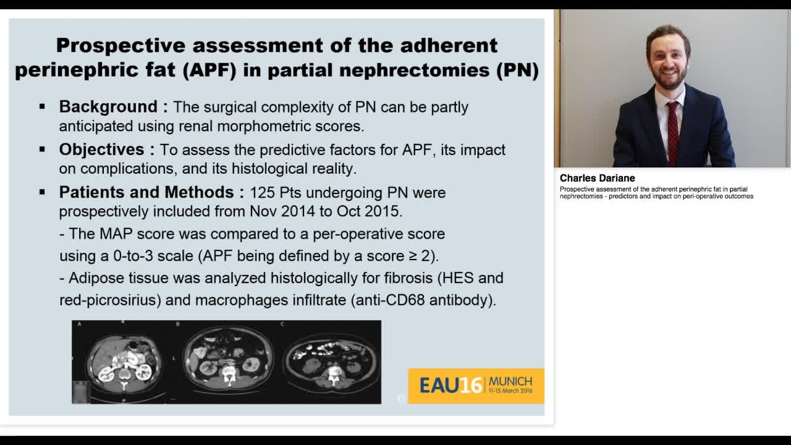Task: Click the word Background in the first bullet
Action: (x=108, y=107)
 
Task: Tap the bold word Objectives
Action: (x=101, y=150)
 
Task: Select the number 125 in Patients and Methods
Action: (x=261, y=193)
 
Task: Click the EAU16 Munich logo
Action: (x=476, y=386)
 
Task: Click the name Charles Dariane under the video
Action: (x=597, y=178)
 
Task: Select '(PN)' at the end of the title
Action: (x=518, y=70)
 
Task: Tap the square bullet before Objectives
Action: (x=42, y=150)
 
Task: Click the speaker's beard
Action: (x=669, y=80)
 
